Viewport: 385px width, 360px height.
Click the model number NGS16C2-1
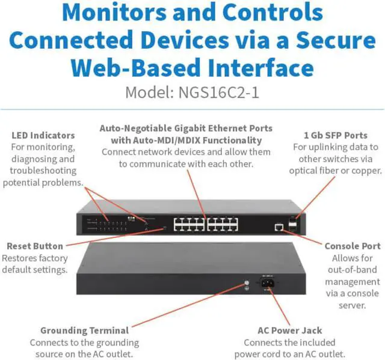click(221, 93)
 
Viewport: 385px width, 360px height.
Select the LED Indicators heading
click(43, 135)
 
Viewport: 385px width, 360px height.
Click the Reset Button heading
click(34, 246)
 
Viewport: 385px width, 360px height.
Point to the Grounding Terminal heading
click(84, 330)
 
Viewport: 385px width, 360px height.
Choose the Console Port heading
click(352, 246)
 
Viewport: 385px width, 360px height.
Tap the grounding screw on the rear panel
click(245, 283)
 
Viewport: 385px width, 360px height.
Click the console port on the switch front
click(278, 227)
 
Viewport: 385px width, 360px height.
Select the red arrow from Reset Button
click(114, 237)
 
